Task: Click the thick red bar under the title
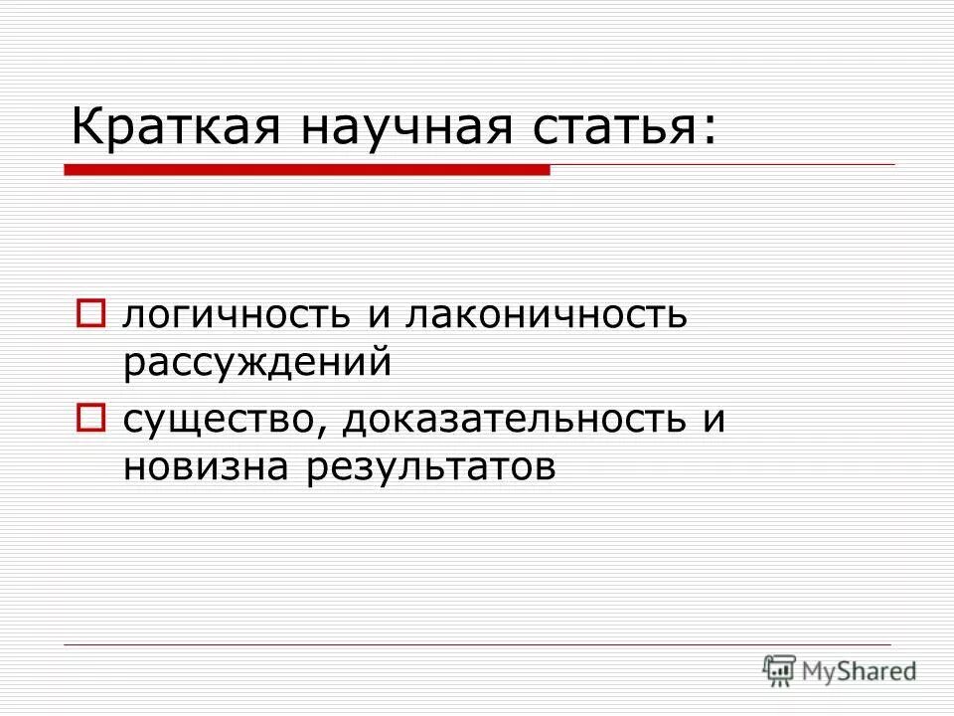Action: (307, 171)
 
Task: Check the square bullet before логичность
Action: (90, 315)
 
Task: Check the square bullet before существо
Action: (90, 419)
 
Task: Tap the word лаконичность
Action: (546, 316)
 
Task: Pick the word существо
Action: (220, 420)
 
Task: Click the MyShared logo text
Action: (861, 671)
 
